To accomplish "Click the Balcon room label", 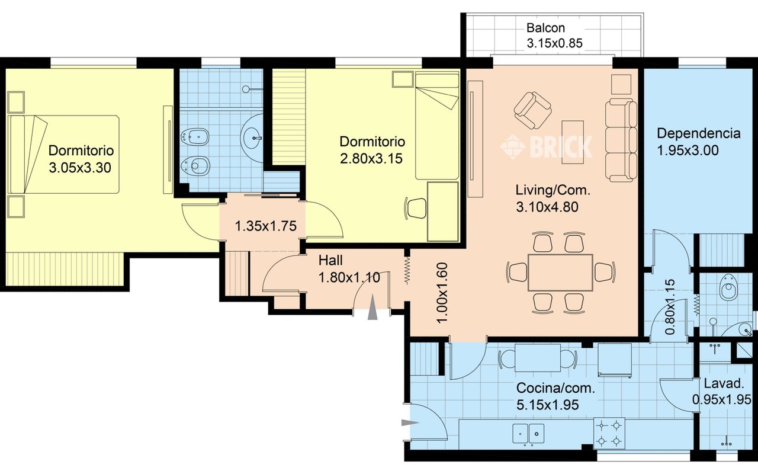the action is coord(545,28).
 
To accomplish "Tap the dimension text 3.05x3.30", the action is coord(80,168).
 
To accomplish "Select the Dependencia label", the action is coord(698,133).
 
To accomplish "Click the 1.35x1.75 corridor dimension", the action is coord(266,226).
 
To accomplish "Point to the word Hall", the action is coord(330,260).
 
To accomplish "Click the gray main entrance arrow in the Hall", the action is coord(372,307).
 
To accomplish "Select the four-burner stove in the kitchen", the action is coord(609,433).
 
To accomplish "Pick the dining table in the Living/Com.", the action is coord(560,273).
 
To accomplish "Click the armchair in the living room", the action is coord(532,111).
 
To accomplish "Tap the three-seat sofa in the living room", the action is coord(621,140).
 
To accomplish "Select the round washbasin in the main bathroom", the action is coord(252,138).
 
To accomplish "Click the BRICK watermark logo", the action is coord(546,146).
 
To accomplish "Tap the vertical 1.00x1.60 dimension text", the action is coord(442,293).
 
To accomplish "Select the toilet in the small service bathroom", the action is coord(728,287).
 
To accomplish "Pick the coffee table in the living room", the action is coord(573,142).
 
